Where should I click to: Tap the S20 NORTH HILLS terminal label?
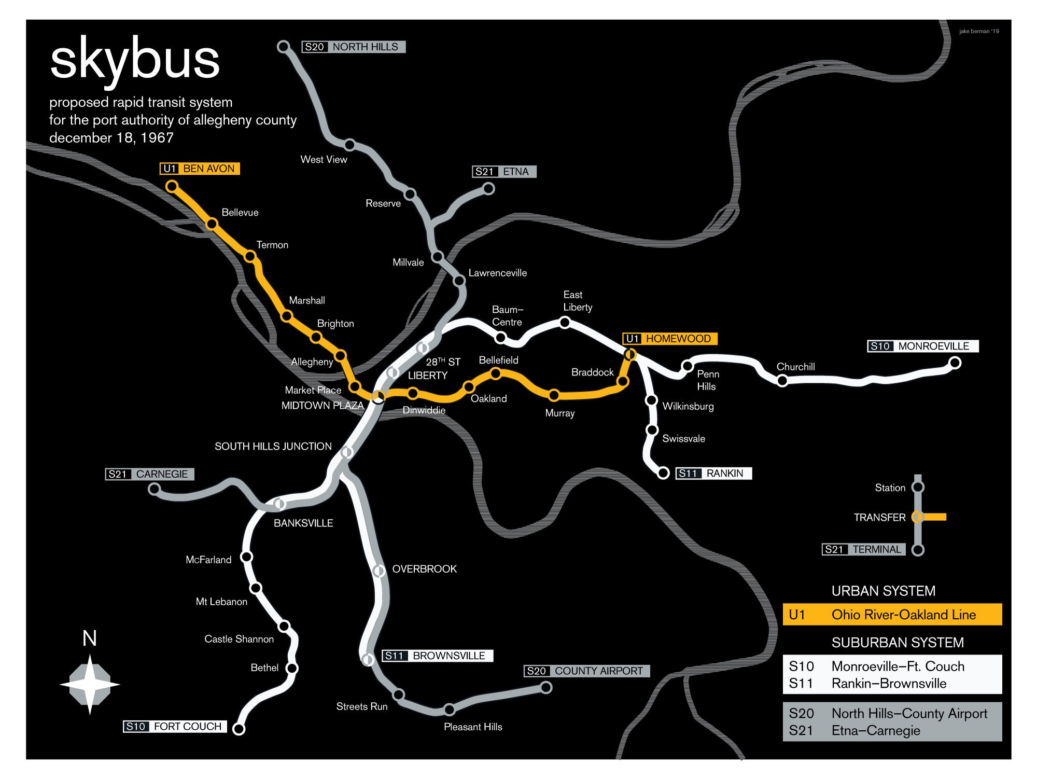coord(353,47)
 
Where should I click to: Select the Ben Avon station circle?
coord(172,186)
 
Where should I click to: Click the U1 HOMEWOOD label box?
coord(670,339)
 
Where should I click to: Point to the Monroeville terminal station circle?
coord(955,363)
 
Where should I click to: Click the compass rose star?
coord(90,685)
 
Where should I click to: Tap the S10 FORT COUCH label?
coord(175,726)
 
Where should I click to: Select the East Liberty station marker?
coord(565,323)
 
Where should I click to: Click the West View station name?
coord(324,160)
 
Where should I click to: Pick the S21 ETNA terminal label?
coord(504,172)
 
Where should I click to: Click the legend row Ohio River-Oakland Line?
coord(892,615)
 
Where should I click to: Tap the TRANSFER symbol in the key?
coord(918,517)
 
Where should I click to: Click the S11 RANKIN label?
coord(713,473)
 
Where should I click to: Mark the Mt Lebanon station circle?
coord(256,588)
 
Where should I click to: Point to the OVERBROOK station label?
coord(424,569)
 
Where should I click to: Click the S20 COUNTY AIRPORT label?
coord(586,671)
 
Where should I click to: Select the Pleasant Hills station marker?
coord(449,709)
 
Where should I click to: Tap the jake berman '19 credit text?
coord(978,31)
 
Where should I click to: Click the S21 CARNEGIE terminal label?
coord(149,474)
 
